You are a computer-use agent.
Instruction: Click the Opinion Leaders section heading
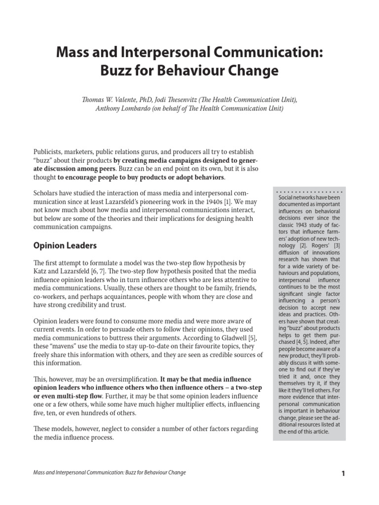(65, 245)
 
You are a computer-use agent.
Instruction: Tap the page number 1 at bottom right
(343, 473)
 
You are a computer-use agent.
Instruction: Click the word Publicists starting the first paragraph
(50, 151)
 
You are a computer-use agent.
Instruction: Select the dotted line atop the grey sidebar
(308, 191)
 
